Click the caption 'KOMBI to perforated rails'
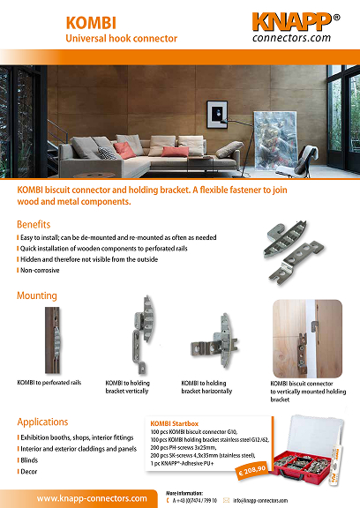[x=49, y=382]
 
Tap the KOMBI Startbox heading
[x=176, y=422]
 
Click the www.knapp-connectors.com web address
[x=92, y=498]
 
